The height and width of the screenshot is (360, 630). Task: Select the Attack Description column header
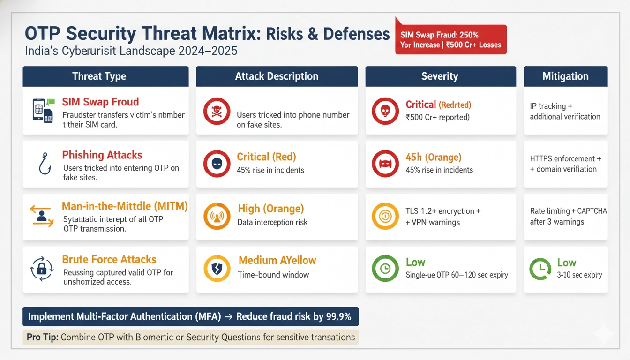pos(277,76)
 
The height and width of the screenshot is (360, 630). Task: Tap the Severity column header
pos(440,76)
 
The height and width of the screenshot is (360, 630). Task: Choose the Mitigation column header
pos(565,76)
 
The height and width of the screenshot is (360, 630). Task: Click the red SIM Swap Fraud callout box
pos(450,40)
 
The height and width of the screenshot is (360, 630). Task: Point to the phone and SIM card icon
pos(43,111)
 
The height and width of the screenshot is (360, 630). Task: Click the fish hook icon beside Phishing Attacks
pos(45,164)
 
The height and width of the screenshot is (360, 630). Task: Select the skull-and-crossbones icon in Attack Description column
pos(217,111)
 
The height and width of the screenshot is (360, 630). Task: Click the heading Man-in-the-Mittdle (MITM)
pos(125,206)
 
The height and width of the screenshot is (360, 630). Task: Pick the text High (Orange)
pos(270,208)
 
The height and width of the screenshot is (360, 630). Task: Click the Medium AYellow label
pos(277,260)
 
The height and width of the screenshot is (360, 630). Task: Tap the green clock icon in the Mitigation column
pos(540,269)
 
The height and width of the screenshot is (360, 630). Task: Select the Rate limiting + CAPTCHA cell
pos(565,217)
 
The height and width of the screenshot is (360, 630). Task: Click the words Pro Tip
pos(43,337)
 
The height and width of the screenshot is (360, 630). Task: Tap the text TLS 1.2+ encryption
pos(442,211)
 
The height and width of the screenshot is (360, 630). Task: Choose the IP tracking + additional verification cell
pos(565,111)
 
